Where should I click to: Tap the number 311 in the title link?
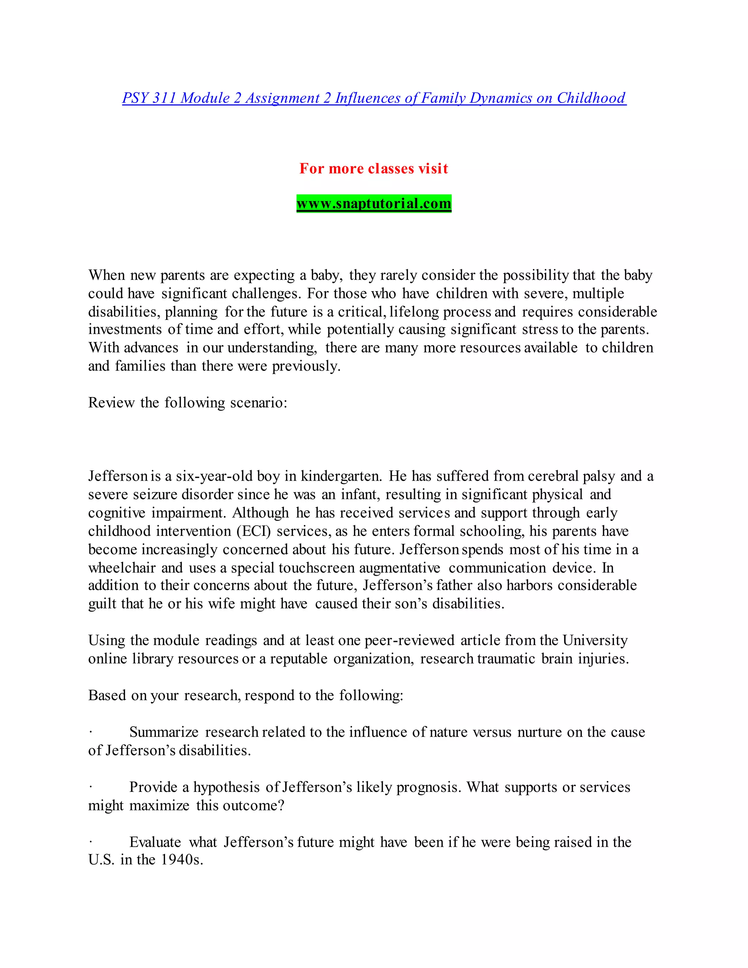click(164, 98)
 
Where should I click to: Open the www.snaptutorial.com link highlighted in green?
click(374, 204)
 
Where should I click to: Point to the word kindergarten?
click(341, 476)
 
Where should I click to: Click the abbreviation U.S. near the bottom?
click(102, 860)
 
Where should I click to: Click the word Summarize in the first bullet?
click(164, 732)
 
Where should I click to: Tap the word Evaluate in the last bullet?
click(155, 842)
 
